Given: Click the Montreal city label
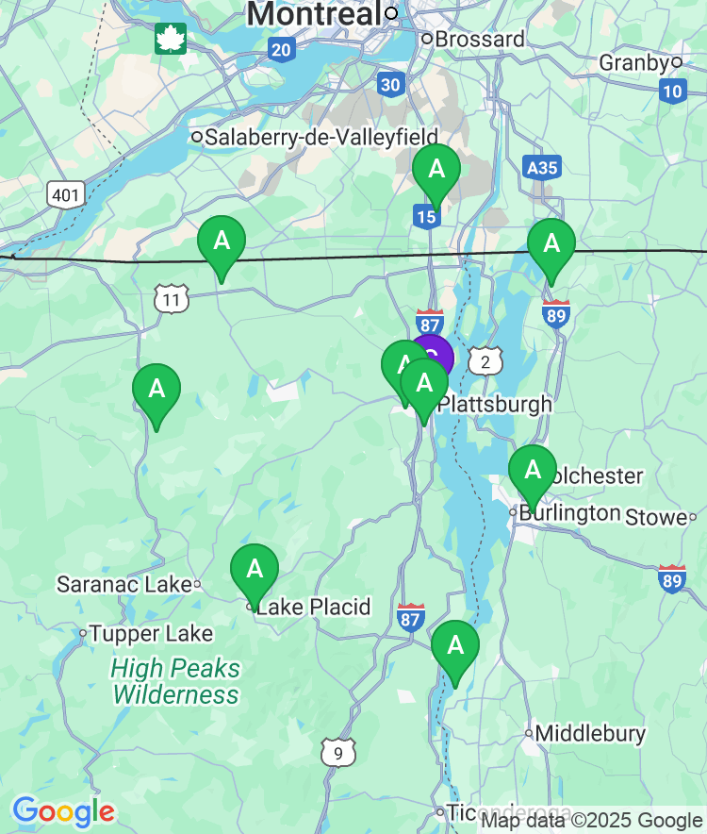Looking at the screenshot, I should pyautogui.click(x=315, y=14).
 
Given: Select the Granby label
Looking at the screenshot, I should pyautogui.click(x=633, y=63).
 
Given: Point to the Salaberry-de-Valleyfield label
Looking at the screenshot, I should pyautogui.click(x=321, y=137).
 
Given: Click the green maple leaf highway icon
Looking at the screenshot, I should pyautogui.click(x=171, y=39).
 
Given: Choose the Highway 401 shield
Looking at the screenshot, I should pyautogui.click(x=66, y=195).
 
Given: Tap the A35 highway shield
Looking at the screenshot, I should pyautogui.click(x=542, y=168).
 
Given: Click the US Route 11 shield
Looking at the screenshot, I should pyautogui.click(x=172, y=300).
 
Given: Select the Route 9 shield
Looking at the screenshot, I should pyautogui.click(x=337, y=752).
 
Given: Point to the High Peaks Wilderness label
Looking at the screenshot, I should pyautogui.click(x=175, y=682).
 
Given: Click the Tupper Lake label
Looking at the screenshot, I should pyautogui.click(x=151, y=633).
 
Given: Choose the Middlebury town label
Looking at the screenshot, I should pyautogui.click(x=590, y=733).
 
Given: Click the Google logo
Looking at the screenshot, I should pyautogui.click(x=63, y=810).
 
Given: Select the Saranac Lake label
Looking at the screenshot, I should pyautogui.click(x=123, y=584).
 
